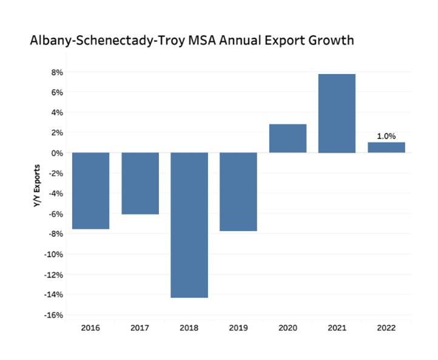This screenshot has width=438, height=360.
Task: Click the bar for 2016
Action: pos(91,190)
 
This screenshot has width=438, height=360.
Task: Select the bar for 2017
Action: pos(140,183)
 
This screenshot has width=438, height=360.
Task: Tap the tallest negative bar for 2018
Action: pos(189,225)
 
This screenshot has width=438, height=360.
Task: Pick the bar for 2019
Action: pos(238,192)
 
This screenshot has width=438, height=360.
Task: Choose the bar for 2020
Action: pos(288,138)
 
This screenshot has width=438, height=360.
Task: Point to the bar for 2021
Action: pos(337,113)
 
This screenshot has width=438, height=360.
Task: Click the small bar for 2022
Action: pos(386,147)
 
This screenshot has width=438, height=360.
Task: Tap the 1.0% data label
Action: pos(386,136)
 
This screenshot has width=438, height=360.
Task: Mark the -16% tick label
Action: pos(55,315)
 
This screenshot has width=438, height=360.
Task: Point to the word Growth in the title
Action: pos(328,42)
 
